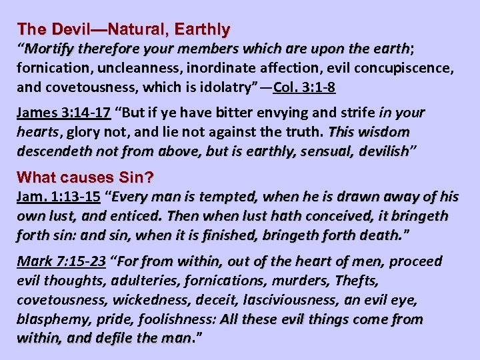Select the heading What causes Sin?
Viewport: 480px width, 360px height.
(86, 177)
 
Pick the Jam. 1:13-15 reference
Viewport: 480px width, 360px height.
(58, 197)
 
